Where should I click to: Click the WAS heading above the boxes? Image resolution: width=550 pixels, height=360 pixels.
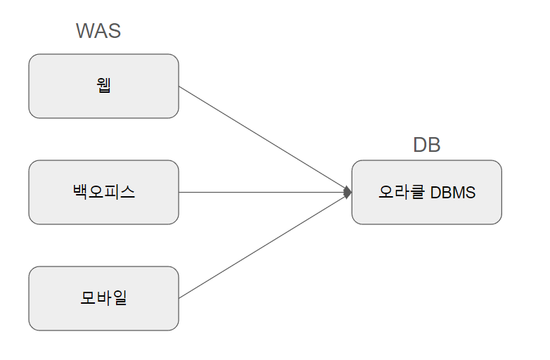click(x=98, y=31)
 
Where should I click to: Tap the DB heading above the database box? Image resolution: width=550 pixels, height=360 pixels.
click(x=426, y=145)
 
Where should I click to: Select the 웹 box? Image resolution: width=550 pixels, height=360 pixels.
click(x=103, y=86)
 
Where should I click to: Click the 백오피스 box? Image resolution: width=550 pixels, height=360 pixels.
click(x=103, y=192)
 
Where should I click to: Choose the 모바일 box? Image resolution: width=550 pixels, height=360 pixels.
click(x=103, y=298)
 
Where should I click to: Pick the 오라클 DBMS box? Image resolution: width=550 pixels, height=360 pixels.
click(x=426, y=192)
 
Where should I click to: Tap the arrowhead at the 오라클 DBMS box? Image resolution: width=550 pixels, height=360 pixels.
click(x=347, y=192)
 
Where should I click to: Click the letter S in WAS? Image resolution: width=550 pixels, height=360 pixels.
click(x=115, y=31)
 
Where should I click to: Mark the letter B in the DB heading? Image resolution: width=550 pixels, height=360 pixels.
click(x=434, y=145)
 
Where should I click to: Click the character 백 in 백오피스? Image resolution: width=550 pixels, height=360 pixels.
click(x=80, y=192)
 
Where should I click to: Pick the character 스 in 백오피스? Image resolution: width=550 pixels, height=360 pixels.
click(x=127, y=192)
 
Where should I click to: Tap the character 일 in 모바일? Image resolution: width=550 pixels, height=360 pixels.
click(x=120, y=298)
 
